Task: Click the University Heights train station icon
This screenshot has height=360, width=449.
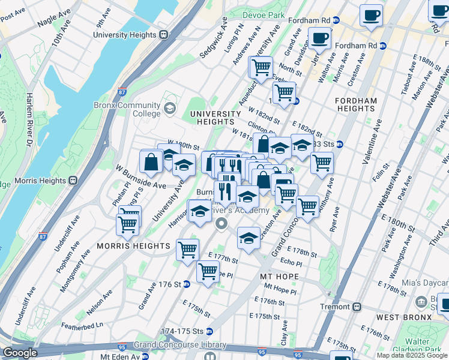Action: coord(163,35)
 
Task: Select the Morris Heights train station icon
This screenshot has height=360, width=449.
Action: coord(74,180)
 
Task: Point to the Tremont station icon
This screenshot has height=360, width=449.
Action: coord(357,306)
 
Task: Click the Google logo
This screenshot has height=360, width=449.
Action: coord(20,353)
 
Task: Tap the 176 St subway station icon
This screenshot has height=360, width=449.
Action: coord(187,284)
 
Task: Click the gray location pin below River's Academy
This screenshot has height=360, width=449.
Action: coord(221,224)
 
